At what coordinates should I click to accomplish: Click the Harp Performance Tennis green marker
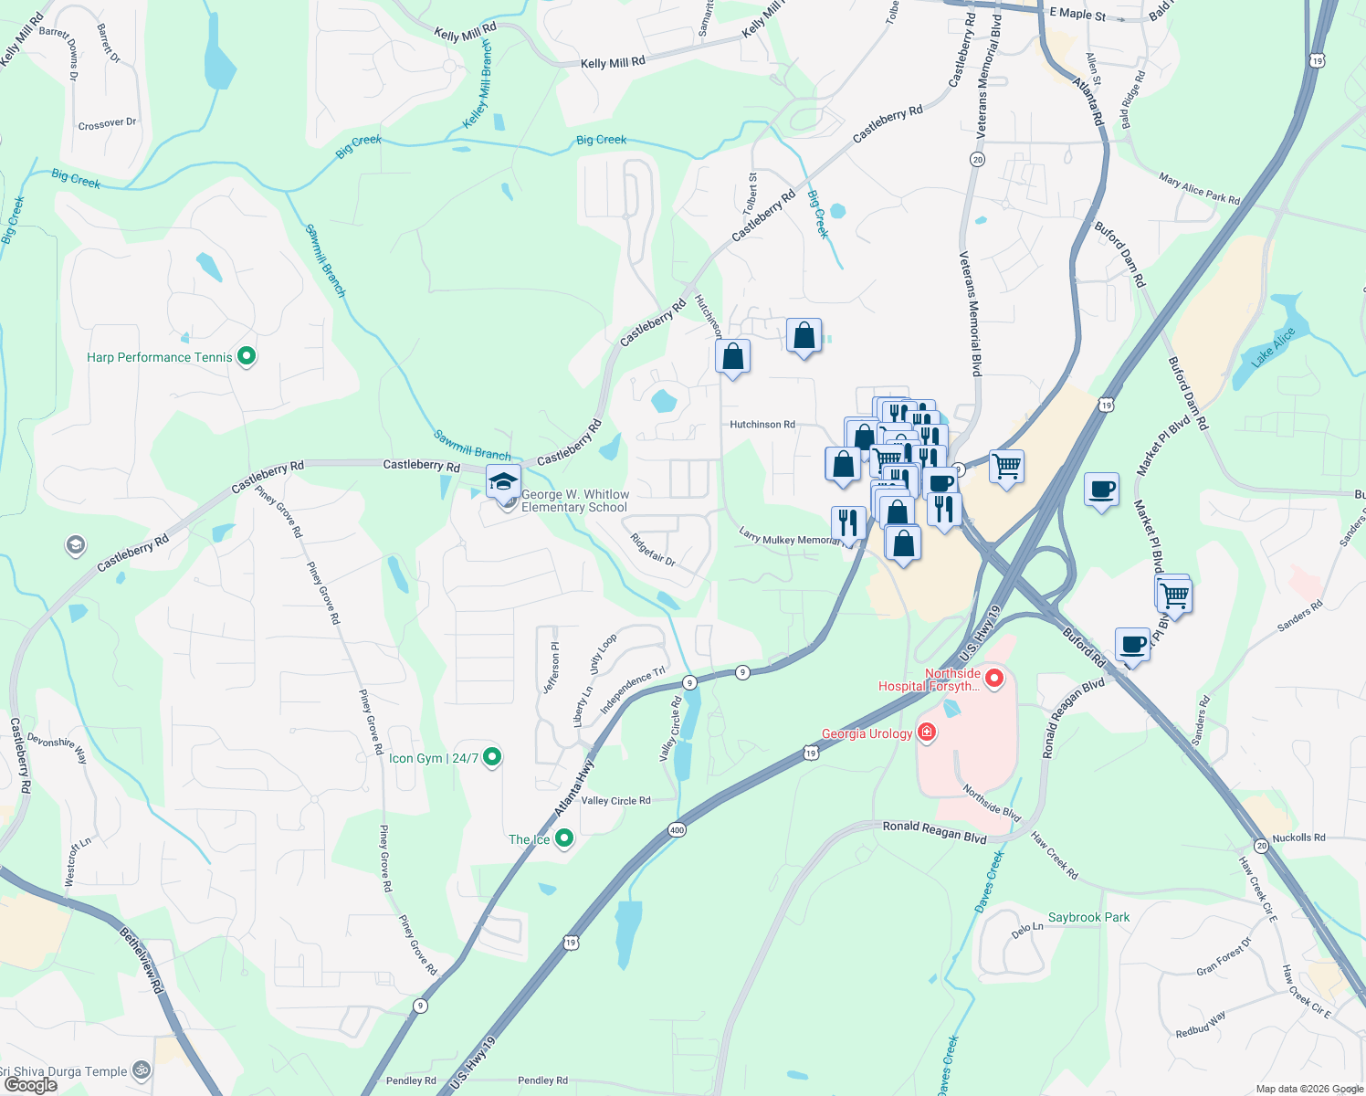click(x=246, y=356)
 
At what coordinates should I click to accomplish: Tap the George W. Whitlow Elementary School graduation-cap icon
click(x=503, y=480)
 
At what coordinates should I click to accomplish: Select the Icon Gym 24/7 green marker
click(x=491, y=757)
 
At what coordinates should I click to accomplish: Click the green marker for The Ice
click(x=564, y=838)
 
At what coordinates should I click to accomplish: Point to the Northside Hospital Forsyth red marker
click(x=993, y=679)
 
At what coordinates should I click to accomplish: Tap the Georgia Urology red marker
click(x=927, y=732)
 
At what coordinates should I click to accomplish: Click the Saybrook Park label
click(x=1088, y=917)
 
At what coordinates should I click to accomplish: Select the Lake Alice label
click(x=1273, y=347)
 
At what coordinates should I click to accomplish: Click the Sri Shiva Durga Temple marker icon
click(x=141, y=1070)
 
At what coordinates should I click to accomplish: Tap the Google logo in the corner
click(x=30, y=1085)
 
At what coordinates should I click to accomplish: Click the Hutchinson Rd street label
click(x=762, y=425)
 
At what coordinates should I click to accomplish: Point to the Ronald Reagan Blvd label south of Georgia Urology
click(x=934, y=831)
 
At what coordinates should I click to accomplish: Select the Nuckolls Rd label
click(x=1298, y=838)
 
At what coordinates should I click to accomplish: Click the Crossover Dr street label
click(x=107, y=123)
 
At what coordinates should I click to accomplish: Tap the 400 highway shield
click(x=677, y=829)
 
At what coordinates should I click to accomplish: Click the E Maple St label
click(x=1077, y=15)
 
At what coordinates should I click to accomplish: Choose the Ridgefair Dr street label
click(x=653, y=550)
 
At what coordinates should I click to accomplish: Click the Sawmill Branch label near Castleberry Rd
click(x=472, y=445)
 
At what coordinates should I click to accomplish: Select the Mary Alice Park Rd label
click(x=1199, y=189)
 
